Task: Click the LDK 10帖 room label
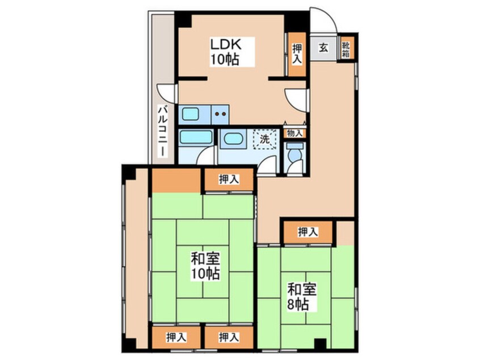tap(225, 52)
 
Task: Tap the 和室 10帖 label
tap(205, 266)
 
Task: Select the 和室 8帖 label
tap(301, 296)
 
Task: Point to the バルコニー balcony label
tap(162, 131)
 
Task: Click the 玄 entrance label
tap(323, 48)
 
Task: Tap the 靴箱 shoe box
tap(346, 48)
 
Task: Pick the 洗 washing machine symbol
tap(265, 139)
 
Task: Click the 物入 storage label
tap(294, 133)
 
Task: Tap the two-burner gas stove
tap(220, 115)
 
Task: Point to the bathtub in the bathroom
tap(196, 137)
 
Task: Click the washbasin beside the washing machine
tap(234, 139)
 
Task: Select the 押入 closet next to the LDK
tap(297, 55)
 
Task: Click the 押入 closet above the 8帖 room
tap(308, 232)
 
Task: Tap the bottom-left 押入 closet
tap(176, 337)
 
